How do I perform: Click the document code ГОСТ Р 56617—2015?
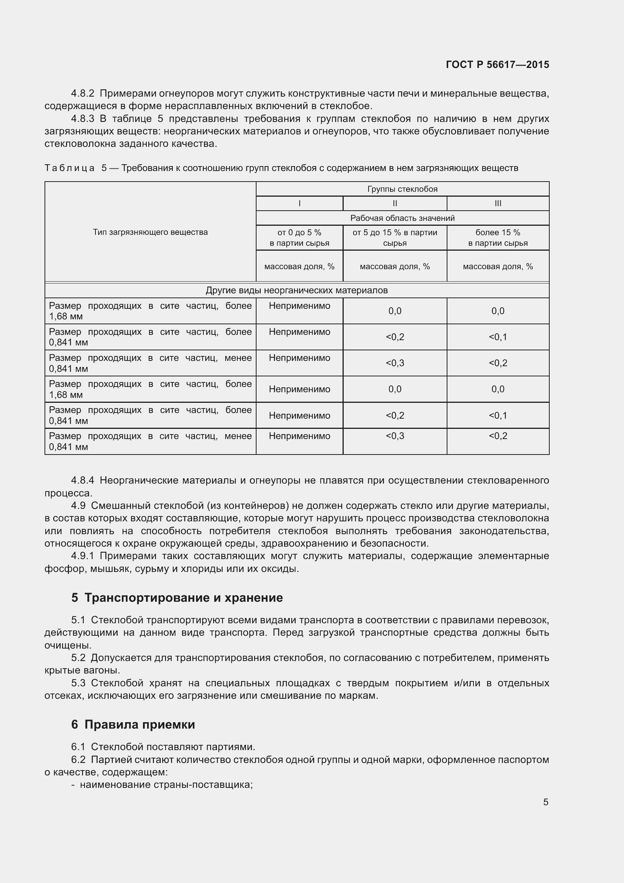click(497, 65)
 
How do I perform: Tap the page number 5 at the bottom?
click(546, 802)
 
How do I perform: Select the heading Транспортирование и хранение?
click(183, 597)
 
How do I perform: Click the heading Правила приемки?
click(140, 724)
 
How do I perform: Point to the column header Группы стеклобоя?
click(402, 189)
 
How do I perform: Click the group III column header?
click(498, 203)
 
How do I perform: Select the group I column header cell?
click(299, 203)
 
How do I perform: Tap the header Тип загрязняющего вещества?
click(150, 232)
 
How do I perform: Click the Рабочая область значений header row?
click(402, 218)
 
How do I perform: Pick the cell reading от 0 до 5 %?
click(299, 237)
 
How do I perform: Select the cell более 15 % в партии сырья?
click(498, 237)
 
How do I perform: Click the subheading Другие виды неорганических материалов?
click(297, 290)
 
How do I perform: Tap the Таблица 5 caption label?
click(75, 168)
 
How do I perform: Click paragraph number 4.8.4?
click(82, 480)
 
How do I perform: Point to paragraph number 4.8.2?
click(82, 94)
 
